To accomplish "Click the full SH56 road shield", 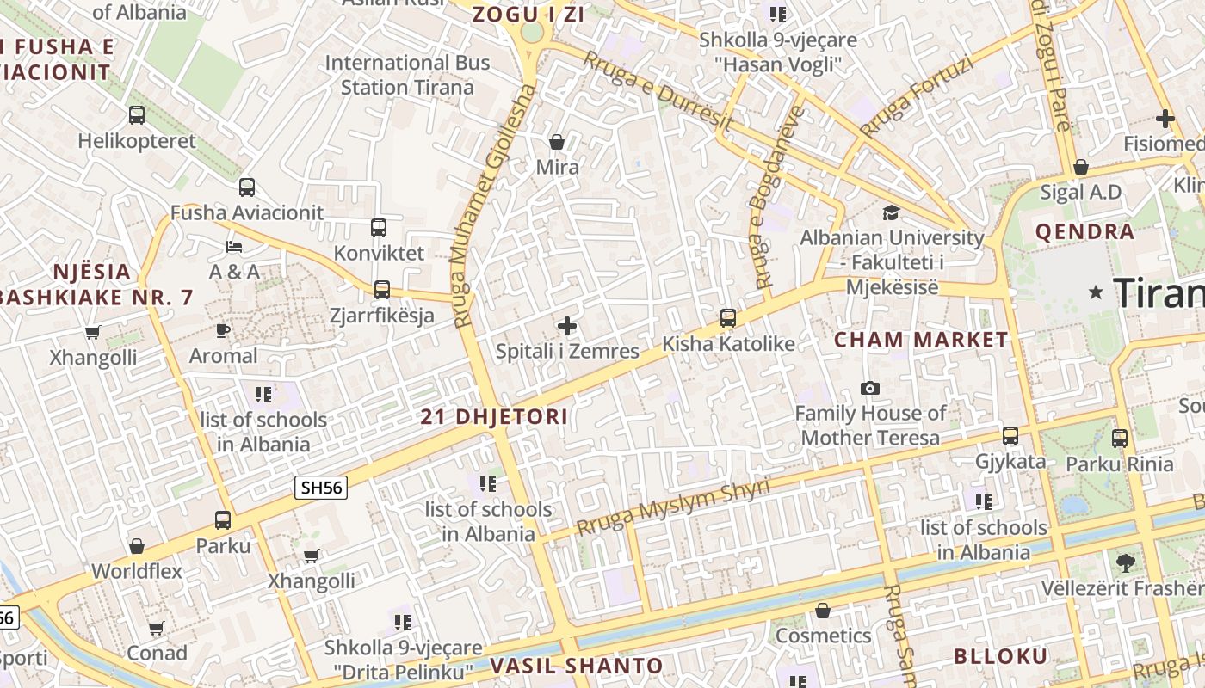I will point(320,488).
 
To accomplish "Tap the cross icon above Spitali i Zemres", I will point(567,326).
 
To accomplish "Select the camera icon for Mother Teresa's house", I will point(870,388).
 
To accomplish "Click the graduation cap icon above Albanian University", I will point(891,212).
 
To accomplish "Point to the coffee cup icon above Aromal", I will point(223,330).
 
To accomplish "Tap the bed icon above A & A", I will point(234,247).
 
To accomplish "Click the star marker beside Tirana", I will point(1096,292).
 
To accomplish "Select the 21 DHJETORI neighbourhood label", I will point(494,417).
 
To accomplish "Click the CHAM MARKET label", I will point(921,340).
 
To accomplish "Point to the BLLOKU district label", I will point(1001,657).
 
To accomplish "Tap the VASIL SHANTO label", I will point(577,666).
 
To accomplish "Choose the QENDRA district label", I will point(1084,231).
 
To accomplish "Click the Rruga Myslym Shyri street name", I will point(673,507).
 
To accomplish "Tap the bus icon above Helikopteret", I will point(136,114).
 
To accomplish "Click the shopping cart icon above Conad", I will point(156,629).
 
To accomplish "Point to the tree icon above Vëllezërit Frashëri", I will point(1124,563).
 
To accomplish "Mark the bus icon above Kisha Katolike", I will point(728,318).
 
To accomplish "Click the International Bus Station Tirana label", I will point(407,75).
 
